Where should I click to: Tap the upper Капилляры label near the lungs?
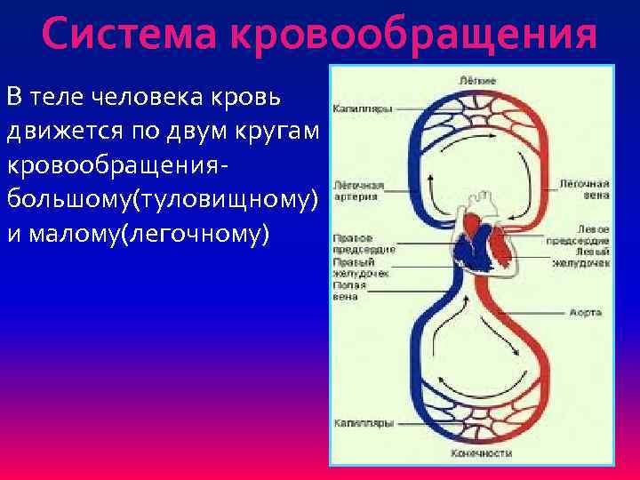363,109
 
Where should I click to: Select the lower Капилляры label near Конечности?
363,424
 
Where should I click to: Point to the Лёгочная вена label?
583,189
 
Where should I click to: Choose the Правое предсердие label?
364,244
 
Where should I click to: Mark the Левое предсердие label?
580,235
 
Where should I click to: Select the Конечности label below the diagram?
481,452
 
